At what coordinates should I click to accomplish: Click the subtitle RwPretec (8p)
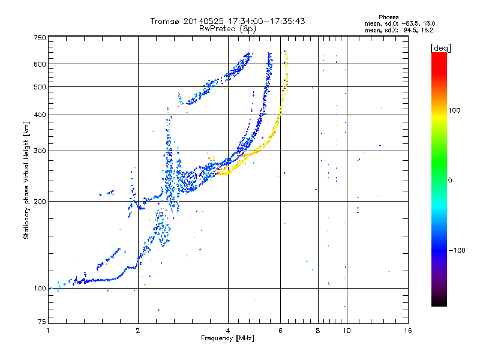click(x=228, y=28)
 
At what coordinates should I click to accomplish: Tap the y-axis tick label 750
click(x=40, y=38)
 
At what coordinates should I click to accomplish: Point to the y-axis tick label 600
click(x=40, y=64)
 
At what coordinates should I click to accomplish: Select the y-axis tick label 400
click(x=40, y=115)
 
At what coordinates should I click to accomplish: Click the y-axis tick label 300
click(x=40, y=151)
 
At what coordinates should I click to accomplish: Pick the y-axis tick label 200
click(x=40, y=202)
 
